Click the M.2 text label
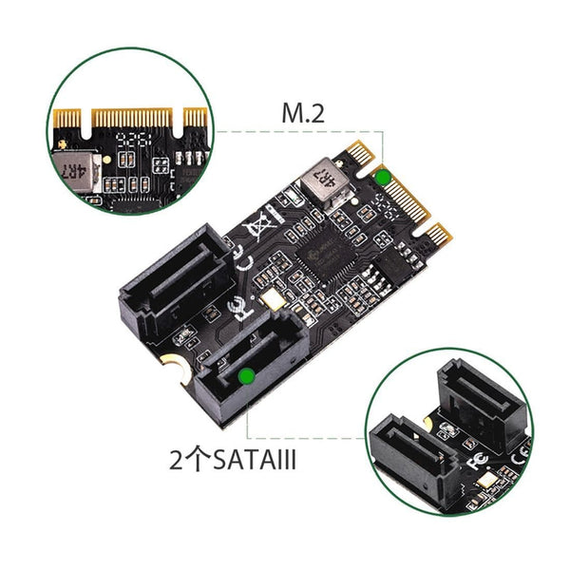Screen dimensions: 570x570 pyautogui.click(x=303, y=114)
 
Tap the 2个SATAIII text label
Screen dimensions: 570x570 pyautogui.click(x=231, y=462)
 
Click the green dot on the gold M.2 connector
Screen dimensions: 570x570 pyautogui.click(x=383, y=178)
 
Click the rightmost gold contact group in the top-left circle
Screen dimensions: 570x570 pyautogui.click(x=196, y=119)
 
